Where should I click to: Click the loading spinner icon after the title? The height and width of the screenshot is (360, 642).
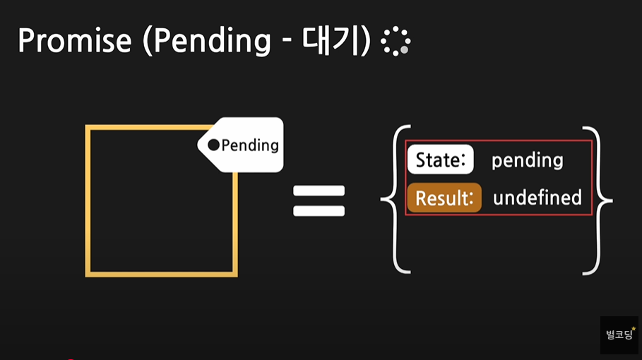[x=396, y=42]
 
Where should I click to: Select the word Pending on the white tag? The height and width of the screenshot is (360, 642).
[x=250, y=145]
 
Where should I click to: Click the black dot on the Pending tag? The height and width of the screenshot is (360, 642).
[x=213, y=145]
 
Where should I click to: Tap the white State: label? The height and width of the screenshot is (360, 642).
[x=440, y=160]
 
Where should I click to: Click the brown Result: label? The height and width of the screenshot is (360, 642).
[x=444, y=198]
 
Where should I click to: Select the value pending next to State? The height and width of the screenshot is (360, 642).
[x=527, y=160]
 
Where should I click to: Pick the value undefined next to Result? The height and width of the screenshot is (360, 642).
[x=537, y=198]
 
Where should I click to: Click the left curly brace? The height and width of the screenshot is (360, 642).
[x=393, y=200]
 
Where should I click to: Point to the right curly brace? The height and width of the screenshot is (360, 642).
[x=599, y=200]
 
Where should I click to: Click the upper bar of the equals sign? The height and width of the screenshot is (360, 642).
[x=319, y=191]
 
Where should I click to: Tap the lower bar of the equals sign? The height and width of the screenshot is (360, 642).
[x=319, y=210]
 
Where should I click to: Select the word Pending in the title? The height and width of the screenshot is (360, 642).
[x=212, y=41]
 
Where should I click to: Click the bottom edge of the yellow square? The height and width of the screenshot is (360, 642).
[x=161, y=272]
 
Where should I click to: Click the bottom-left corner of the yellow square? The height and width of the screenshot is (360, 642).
[x=88, y=272]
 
